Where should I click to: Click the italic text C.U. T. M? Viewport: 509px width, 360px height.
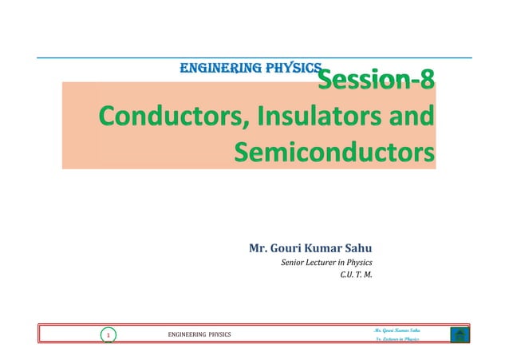356,277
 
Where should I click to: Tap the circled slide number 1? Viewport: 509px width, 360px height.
107,336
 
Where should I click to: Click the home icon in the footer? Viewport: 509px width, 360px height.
459,335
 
